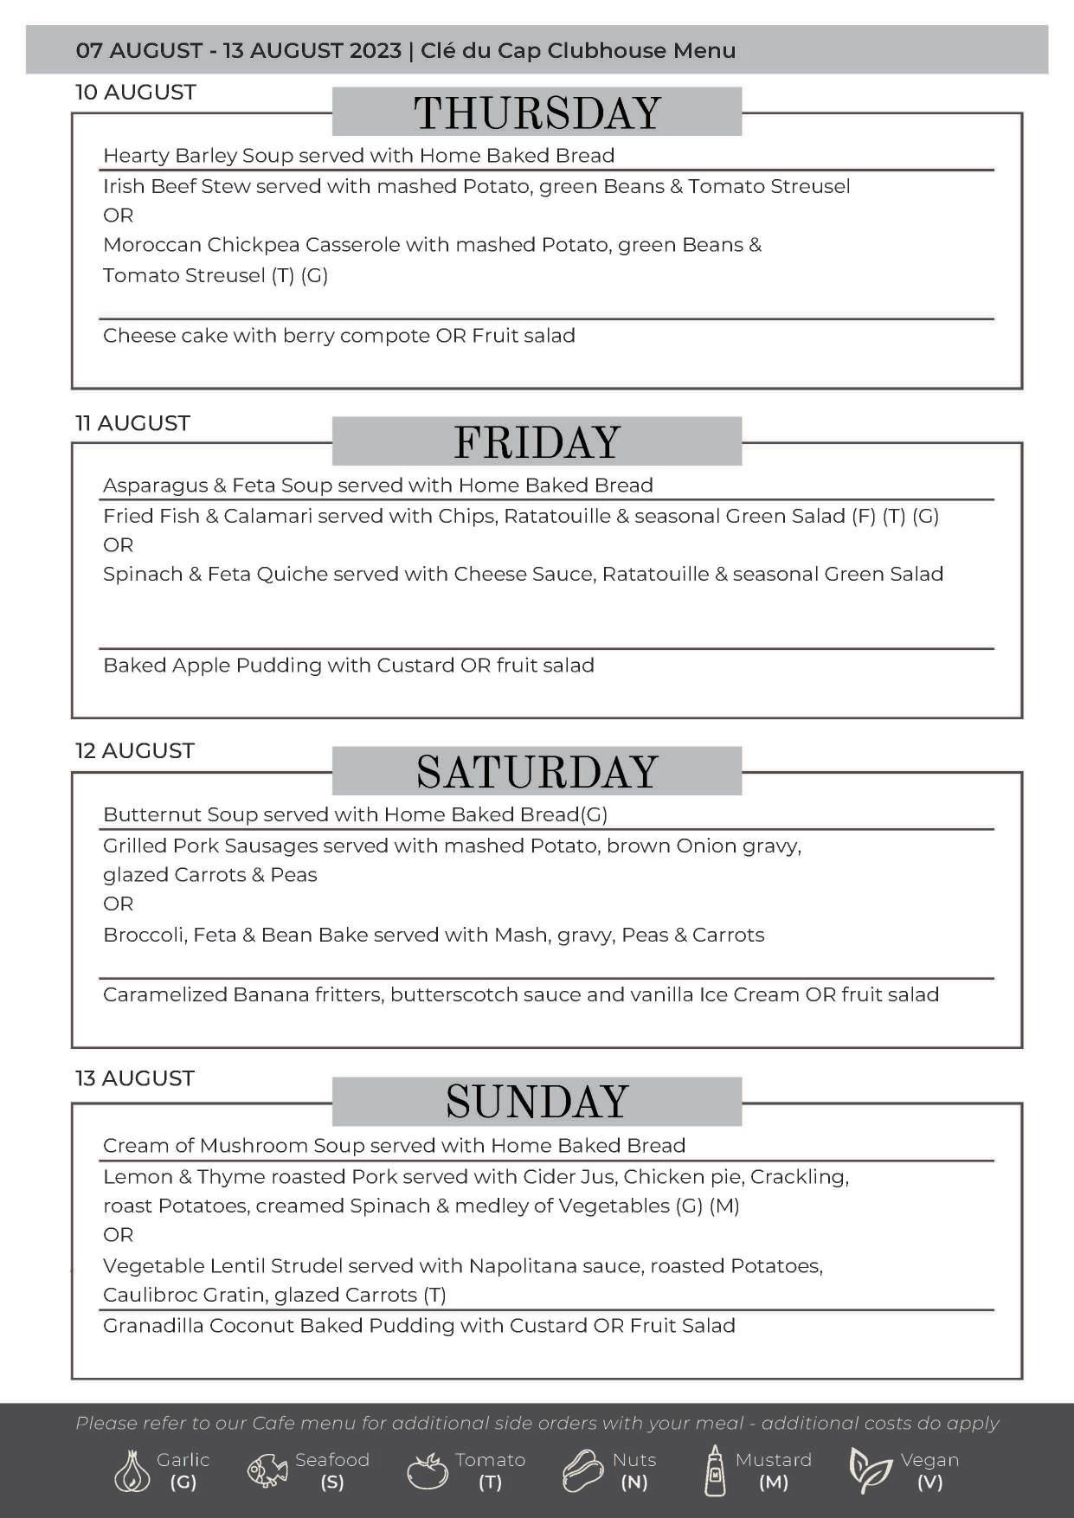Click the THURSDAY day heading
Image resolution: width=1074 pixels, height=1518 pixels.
[537, 113]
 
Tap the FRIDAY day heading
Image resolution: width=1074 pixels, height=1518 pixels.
[537, 442]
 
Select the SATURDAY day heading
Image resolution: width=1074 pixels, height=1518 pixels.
[537, 772]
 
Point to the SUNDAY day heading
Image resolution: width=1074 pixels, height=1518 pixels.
[537, 1102]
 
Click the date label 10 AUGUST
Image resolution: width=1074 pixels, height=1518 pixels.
[136, 93]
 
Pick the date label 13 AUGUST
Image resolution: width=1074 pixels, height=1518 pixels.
[135, 1078]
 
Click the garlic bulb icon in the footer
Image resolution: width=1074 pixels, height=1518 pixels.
[132, 1471]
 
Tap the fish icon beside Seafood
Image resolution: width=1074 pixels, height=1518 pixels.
[267, 1471]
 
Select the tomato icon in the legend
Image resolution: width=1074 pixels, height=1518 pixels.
[427, 1471]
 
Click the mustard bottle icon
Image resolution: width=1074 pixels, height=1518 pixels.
[715, 1470]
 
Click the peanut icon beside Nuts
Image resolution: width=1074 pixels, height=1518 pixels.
[582, 1470]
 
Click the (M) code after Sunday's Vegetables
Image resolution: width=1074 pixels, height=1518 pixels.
[724, 1206]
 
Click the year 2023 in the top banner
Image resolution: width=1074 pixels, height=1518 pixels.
[376, 50]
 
